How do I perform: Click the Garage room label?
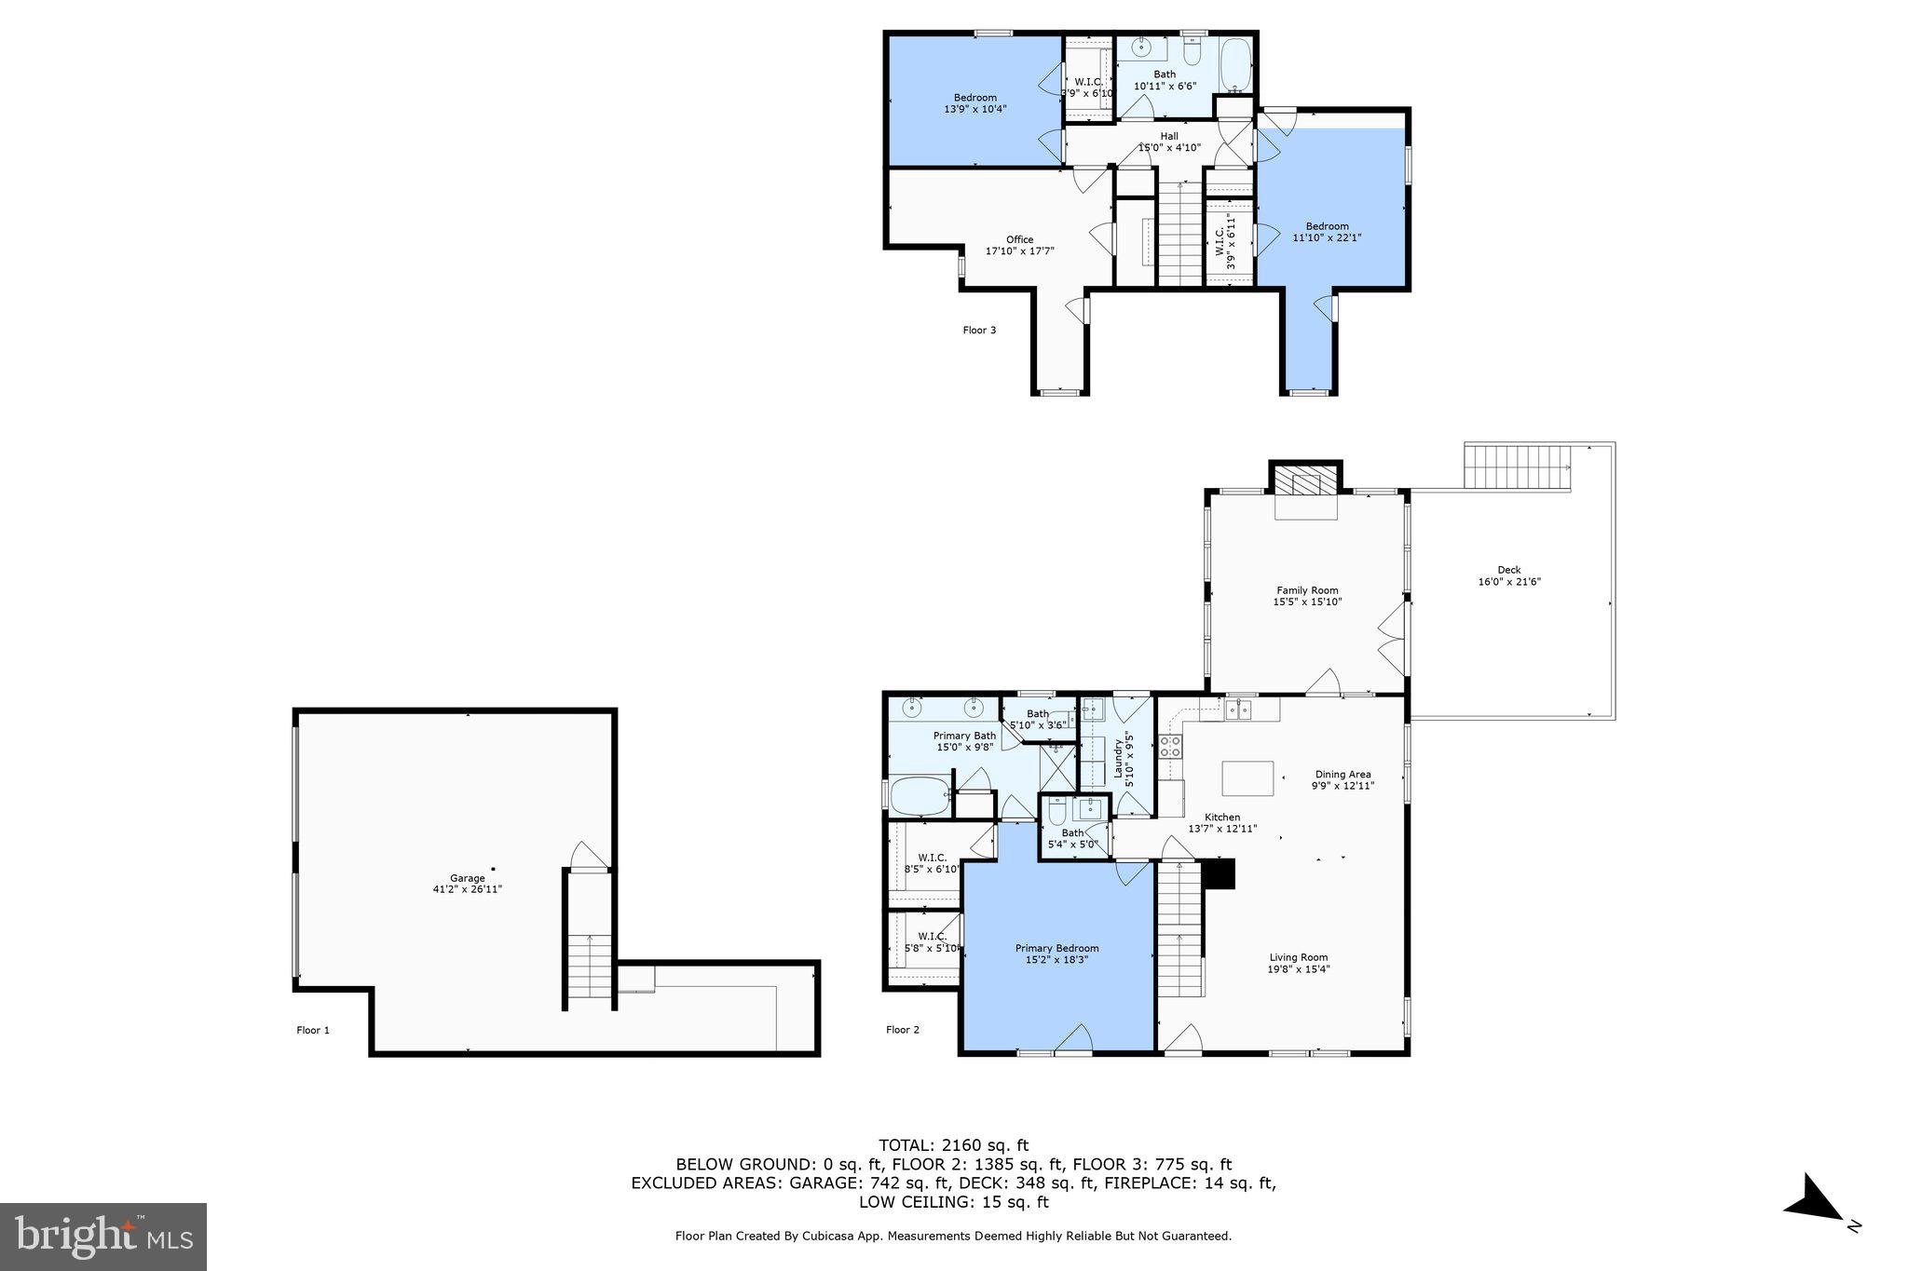(x=468, y=878)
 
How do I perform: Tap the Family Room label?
(x=1307, y=590)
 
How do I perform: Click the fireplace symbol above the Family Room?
(x=1305, y=483)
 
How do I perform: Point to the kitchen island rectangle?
(x=1248, y=777)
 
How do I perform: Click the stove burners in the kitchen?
(x=1170, y=746)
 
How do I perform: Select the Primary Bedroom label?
(x=1056, y=948)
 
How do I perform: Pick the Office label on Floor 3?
(x=1019, y=239)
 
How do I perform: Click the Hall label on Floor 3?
(x=1169, y=136)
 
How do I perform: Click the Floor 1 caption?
(x=313, y=1030)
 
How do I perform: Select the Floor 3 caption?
(x=979, y=330)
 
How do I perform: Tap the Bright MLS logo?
(x=102, y=1237)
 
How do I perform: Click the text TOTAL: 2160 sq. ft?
(x=953, y=1145)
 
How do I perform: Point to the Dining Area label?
(x=1342, y=774)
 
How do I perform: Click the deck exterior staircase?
(x=1518, y=466)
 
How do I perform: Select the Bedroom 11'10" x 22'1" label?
(x=1327, y=226)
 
